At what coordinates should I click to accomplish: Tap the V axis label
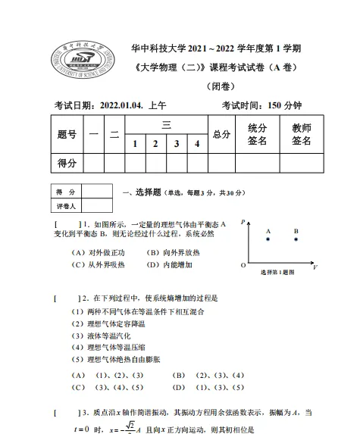point(315,267)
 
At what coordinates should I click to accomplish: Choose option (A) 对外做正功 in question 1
point(99,252)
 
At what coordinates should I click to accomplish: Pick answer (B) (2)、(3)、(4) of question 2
point(209,374)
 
